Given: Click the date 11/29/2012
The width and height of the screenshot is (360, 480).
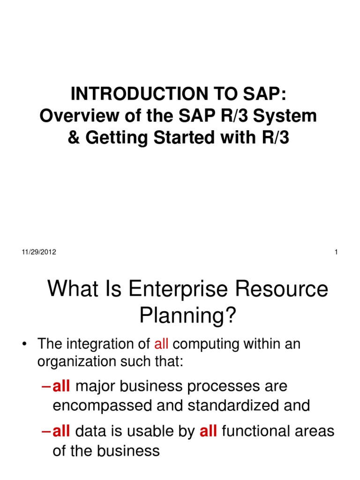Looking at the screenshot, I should (39, 252).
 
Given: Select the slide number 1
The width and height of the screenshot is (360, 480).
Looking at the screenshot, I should (337, 252).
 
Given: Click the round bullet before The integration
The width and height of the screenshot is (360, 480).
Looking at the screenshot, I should (23, 345).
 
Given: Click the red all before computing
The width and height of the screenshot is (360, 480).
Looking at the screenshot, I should (161, 344).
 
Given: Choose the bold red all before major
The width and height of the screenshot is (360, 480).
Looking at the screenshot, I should (61, 386).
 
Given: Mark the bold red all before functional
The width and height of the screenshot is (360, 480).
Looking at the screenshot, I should (208, 431).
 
